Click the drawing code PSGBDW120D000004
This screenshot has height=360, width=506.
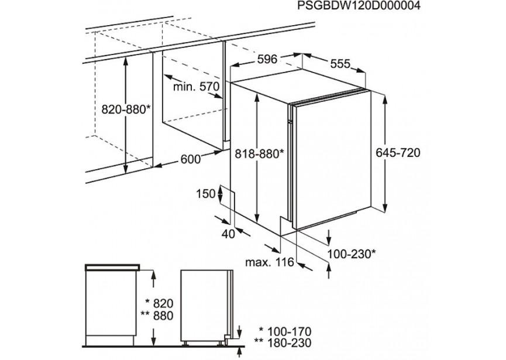[359, 6]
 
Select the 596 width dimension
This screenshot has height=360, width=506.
[267, 59]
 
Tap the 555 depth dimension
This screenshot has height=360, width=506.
[340, 64]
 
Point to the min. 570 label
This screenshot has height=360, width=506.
[196, 87]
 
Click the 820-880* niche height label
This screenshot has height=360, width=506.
[126, 110]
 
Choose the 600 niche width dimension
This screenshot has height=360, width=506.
[190, 159]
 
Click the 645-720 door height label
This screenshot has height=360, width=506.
[398, 152]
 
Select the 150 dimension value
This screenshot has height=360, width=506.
[205, 194]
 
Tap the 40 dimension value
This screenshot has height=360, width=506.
[228, 234]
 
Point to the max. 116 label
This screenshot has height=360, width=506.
[270, 262]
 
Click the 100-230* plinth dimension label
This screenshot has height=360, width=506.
[352, 254]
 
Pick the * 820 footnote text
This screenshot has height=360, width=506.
[159, 303]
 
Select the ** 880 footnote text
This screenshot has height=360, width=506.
[157, 316]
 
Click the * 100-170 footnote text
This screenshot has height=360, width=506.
[285, 331]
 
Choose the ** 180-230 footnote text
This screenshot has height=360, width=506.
[283, 342]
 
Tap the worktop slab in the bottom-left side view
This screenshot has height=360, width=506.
[112, 267]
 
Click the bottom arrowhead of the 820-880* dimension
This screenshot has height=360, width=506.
[126, 168]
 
